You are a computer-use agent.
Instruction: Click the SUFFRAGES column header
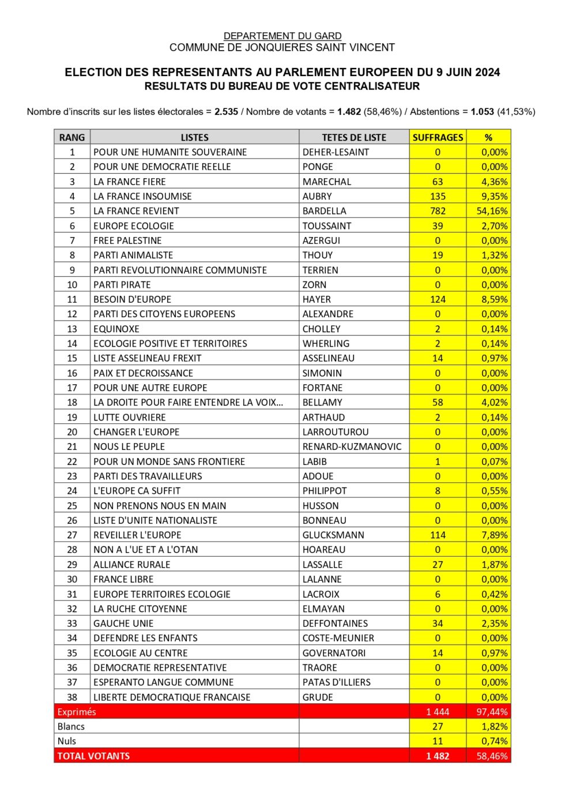pos(438,137)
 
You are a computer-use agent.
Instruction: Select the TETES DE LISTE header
pos(354,137)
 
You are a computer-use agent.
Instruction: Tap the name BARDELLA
pos(325,211)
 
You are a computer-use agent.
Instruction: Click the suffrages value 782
pos(438,211)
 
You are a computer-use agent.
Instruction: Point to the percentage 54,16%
pos(492,211)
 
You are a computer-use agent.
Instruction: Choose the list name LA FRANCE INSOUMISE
pos(142,196)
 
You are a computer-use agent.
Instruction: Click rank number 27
pos(72,535)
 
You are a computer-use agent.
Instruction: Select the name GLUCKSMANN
pos(333,535)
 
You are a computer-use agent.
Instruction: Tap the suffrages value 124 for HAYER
pos(438,299)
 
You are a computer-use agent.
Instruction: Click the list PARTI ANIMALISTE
pos(133,255)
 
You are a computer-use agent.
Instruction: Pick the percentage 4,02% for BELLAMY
pos(495,403)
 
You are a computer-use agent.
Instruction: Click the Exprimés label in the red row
pos(77,712)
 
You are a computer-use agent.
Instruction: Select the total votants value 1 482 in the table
pos(438,756)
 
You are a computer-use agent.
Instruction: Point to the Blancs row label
pos(71,727)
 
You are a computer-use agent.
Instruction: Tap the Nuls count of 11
pos(438,741)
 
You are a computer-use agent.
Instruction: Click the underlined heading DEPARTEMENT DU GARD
pos(282,36)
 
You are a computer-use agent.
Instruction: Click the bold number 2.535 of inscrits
pos(226,112)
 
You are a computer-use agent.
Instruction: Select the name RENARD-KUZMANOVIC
pos(352,446)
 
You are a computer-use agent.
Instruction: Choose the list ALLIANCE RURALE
pos(132,565)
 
